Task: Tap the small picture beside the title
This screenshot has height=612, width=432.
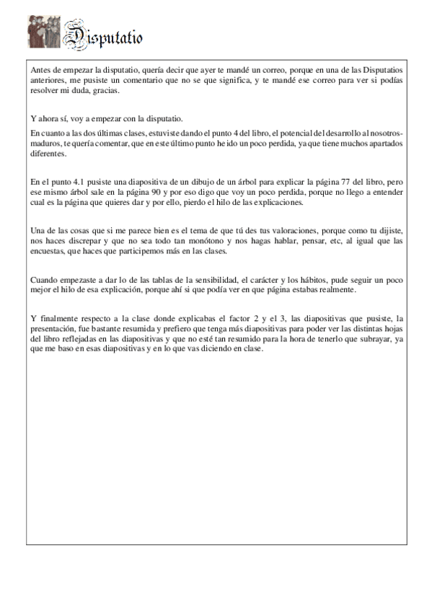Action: pos(43,32)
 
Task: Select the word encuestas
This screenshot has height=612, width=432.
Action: pos(51,252)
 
